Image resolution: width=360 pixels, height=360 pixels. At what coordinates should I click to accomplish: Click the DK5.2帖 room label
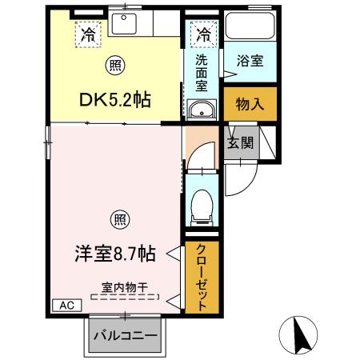pos(114,100)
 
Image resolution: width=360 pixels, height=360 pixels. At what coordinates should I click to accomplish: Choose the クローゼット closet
pos(202,277)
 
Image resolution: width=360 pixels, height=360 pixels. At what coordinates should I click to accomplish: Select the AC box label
pos(66,305)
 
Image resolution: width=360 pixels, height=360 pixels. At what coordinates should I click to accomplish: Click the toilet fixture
pos(202,205)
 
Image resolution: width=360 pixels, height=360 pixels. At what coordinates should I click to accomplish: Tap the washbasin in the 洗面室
pos(202,110)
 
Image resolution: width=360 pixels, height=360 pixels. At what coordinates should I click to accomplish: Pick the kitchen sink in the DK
pos(125,23)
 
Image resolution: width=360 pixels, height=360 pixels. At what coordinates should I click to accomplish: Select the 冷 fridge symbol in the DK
pos(86,34)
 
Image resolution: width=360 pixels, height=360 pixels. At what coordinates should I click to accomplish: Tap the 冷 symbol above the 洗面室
pos(203,34)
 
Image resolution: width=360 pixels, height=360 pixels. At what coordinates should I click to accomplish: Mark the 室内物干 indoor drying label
pos(125,286)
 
